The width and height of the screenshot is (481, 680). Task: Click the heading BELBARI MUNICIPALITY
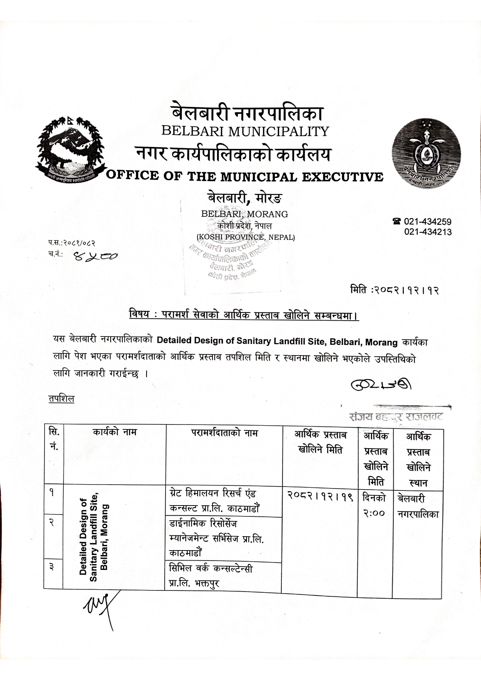(x=245, y=131)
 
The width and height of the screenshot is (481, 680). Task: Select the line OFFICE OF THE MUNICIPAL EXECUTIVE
(x=245, y=177)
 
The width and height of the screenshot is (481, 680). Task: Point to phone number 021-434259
(x=428, y=222)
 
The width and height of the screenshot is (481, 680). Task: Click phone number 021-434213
(x=428, y=232)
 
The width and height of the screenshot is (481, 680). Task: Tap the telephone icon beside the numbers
(x=397, y=222)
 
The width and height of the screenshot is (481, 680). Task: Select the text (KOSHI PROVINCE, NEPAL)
(x=245, y=237)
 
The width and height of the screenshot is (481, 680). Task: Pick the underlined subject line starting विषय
(x=244, y=315)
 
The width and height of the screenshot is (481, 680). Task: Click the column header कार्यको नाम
(x=115, y=431)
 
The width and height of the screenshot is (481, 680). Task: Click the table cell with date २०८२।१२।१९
(x=320, y=495)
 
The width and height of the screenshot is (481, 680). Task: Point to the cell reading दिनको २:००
(x=374, y=505)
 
